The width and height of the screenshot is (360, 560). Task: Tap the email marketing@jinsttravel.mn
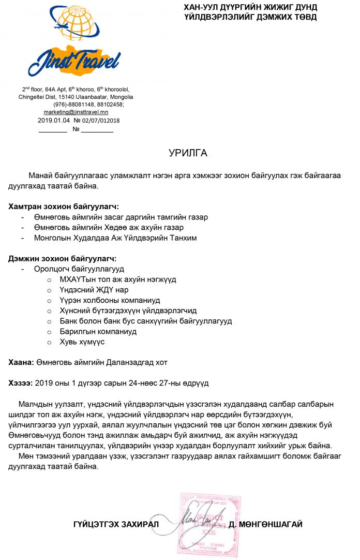(x=76, y=112)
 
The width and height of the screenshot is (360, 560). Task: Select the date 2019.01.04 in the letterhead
(x=50, y=120)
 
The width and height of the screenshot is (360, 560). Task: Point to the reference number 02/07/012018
(x=101, y=120)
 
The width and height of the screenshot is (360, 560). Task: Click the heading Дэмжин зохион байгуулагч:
(x=63, y=258)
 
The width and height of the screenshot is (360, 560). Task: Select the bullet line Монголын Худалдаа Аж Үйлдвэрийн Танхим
(x=115, y=238)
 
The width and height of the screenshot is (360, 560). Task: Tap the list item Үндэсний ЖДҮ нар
(x=94, y=290)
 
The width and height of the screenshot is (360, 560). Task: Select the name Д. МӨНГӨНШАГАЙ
(x=265, y=524)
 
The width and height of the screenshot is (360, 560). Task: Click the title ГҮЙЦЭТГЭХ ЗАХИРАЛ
(x=115, y=524)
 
